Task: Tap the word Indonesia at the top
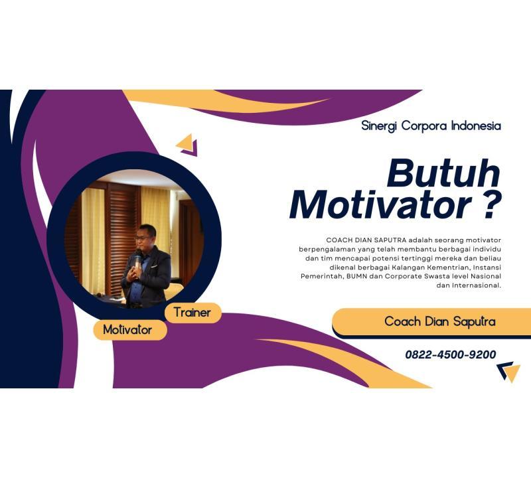475,125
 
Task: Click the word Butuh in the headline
443,174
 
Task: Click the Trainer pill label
192,312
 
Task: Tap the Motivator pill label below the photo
127,329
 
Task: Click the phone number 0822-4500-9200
450,355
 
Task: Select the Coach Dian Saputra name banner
439,322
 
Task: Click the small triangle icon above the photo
187,144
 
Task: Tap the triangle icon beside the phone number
509,371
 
